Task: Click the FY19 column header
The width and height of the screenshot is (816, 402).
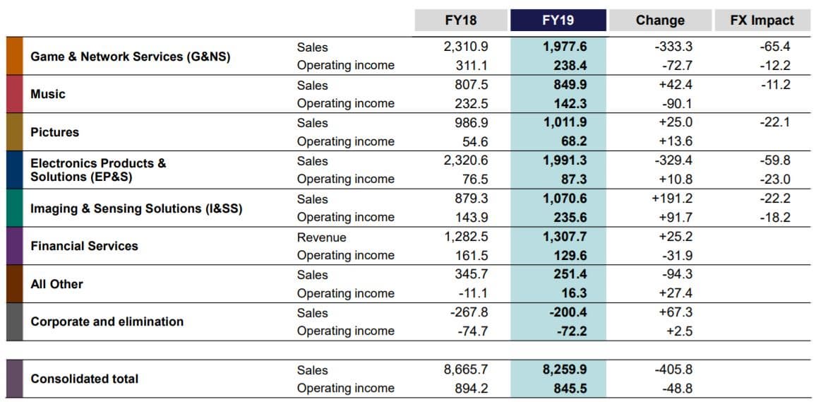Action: [x=558, y=20]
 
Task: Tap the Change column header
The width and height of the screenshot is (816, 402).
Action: [x=660, y=20]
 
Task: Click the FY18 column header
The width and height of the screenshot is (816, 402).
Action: [x=460, y=20]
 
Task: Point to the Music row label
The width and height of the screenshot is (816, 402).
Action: [x=48, y=94]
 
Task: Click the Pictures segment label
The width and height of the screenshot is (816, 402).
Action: [x=54, y=132]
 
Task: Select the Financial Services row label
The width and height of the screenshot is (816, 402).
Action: [x=84, y=246]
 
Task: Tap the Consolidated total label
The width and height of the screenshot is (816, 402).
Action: [x=84, y=379]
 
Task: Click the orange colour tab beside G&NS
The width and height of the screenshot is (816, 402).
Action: [x=15, y=57]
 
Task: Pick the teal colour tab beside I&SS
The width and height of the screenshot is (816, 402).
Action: [x=15, y=208]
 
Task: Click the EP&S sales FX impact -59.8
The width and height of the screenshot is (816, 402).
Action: [x=774, y=161]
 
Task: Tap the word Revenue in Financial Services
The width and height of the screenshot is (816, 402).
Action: [x=322, y=237]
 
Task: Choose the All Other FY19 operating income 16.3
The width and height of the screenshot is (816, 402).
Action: [x=574, y=293]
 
